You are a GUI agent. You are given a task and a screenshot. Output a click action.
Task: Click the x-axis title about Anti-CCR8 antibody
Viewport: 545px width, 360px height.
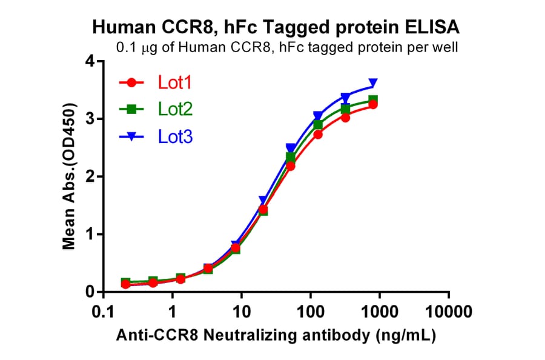276,335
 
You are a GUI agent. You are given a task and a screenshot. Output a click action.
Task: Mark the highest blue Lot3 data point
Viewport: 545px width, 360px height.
373,83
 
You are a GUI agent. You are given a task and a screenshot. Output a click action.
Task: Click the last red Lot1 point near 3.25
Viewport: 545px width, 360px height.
373,105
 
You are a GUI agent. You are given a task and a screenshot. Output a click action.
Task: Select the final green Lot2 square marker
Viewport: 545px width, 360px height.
373,100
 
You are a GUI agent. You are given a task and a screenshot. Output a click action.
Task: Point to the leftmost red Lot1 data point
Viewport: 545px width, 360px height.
125,284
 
